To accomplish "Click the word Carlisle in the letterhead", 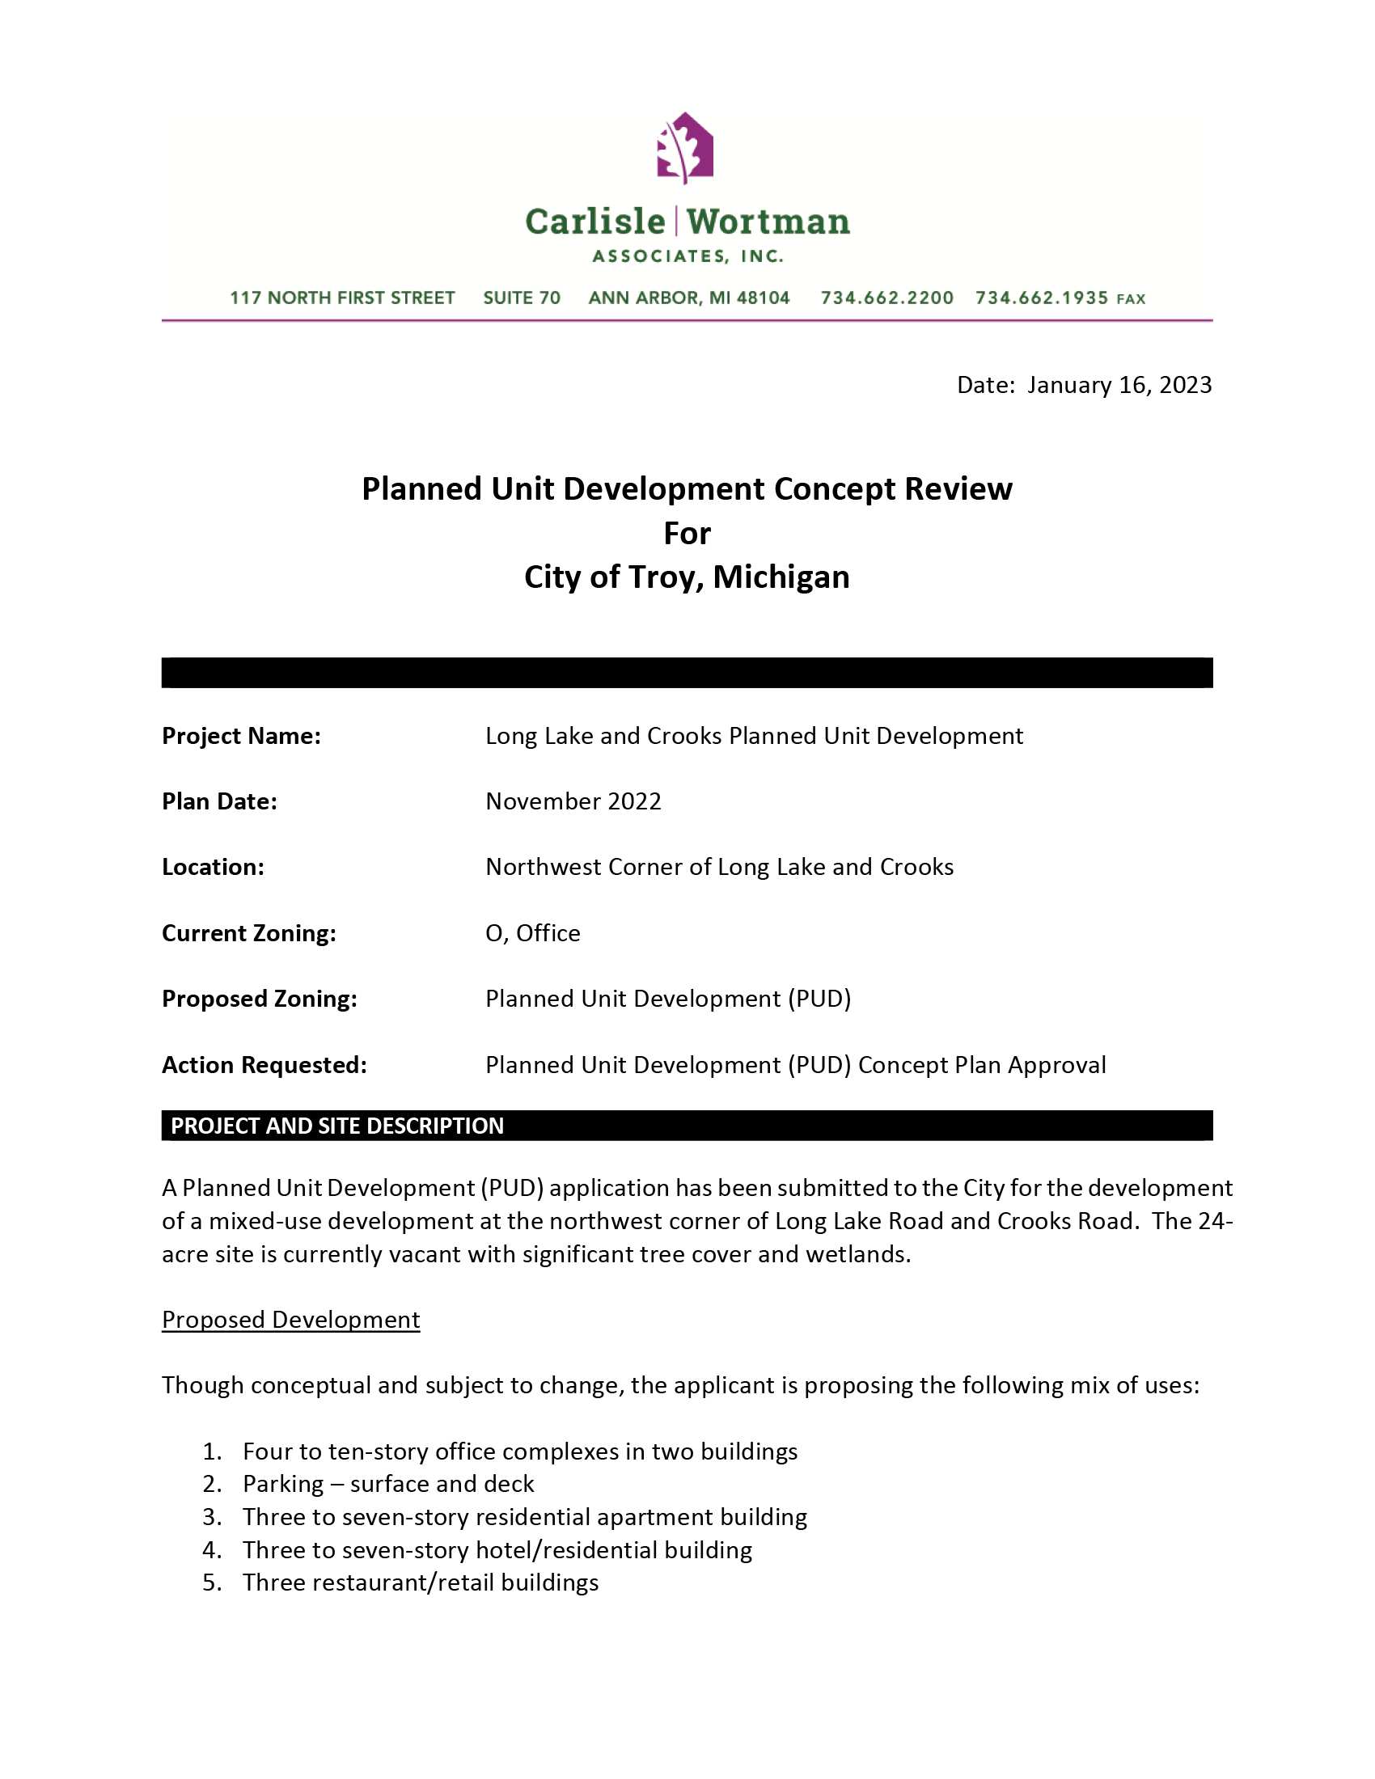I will [x=595, y=222].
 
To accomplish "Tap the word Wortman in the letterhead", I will [x=768, y=222].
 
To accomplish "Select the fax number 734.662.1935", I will [x=1042, y=298].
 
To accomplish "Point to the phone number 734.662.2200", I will [x=887, y=298].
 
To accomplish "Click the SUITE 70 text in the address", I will [x=522, y=298].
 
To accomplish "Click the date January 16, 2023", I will [x=1119, y=384].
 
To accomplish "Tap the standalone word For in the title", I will [x=687, y=534].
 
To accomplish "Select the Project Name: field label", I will [x=241, y=737].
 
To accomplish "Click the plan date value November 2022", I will [x=573, y=801].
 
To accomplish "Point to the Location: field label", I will [x=213, y=868].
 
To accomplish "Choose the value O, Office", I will [x=533, y=933].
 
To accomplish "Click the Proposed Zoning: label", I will [x=259, y=999].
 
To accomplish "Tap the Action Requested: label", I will [x=264, y=1066].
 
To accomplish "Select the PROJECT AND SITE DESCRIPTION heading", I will [x=337, y=1126].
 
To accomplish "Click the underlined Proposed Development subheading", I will [x=291, y=1320].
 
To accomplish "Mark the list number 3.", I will [x=212, y=1517].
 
